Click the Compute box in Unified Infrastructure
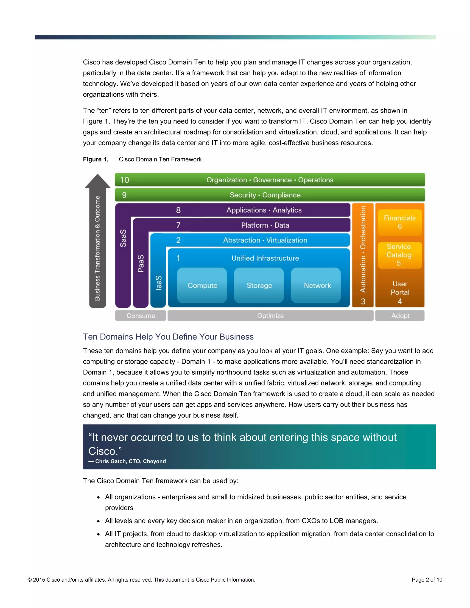(202, 285)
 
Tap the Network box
(317, 285)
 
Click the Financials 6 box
(400, 222)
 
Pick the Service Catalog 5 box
(399, 255)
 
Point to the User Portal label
(400, 288)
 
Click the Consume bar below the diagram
(141, 316)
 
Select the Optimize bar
(270, 316)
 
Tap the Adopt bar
(400, 316)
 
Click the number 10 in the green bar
(124, 180)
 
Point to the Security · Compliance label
(265, 195)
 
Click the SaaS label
(123, 238)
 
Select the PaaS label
(141, 263)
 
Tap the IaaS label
(158, 283)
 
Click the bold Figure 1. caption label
(95, 159)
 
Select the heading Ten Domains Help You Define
(168, 337)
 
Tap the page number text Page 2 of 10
(427, 580)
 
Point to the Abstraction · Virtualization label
(265, 240)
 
